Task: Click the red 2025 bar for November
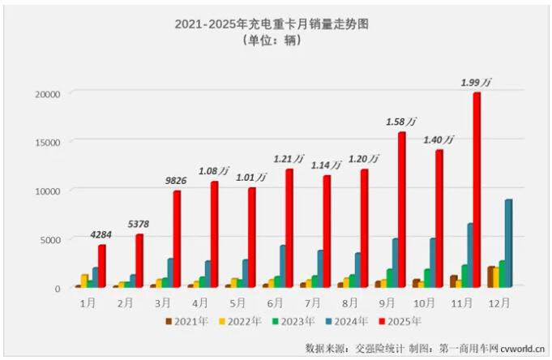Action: click(477, 191)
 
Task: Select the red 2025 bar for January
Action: click(102, 266)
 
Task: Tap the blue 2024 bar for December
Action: click(508, 243)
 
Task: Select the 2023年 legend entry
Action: click(295, 321)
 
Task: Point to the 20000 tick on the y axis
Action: click(47, 94)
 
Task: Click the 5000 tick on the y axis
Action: click(49, 239)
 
